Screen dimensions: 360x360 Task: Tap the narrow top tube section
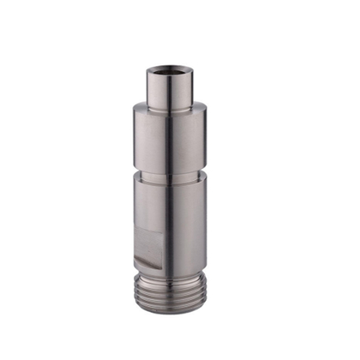coord(171,93)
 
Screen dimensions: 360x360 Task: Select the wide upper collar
coord(171,137)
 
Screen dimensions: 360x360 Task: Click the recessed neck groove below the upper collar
coord(171,169)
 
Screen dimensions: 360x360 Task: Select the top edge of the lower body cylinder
coord(171,177)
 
